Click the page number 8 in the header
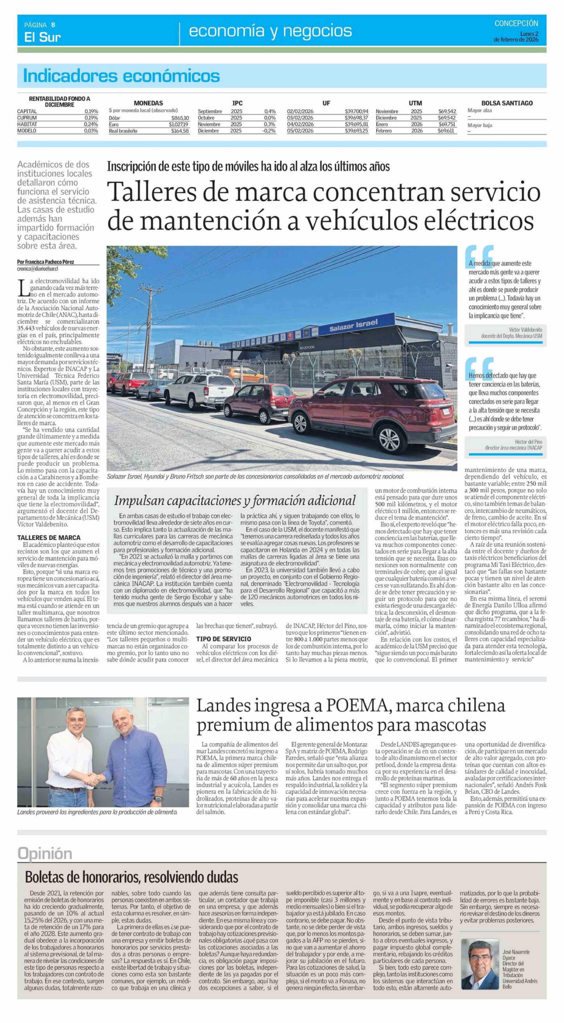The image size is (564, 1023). coord(53,25)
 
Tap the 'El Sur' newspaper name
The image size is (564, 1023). coord(42,37)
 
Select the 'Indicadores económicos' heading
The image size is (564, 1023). coord(121,75)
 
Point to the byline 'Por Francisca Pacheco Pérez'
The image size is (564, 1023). coord(46,262)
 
